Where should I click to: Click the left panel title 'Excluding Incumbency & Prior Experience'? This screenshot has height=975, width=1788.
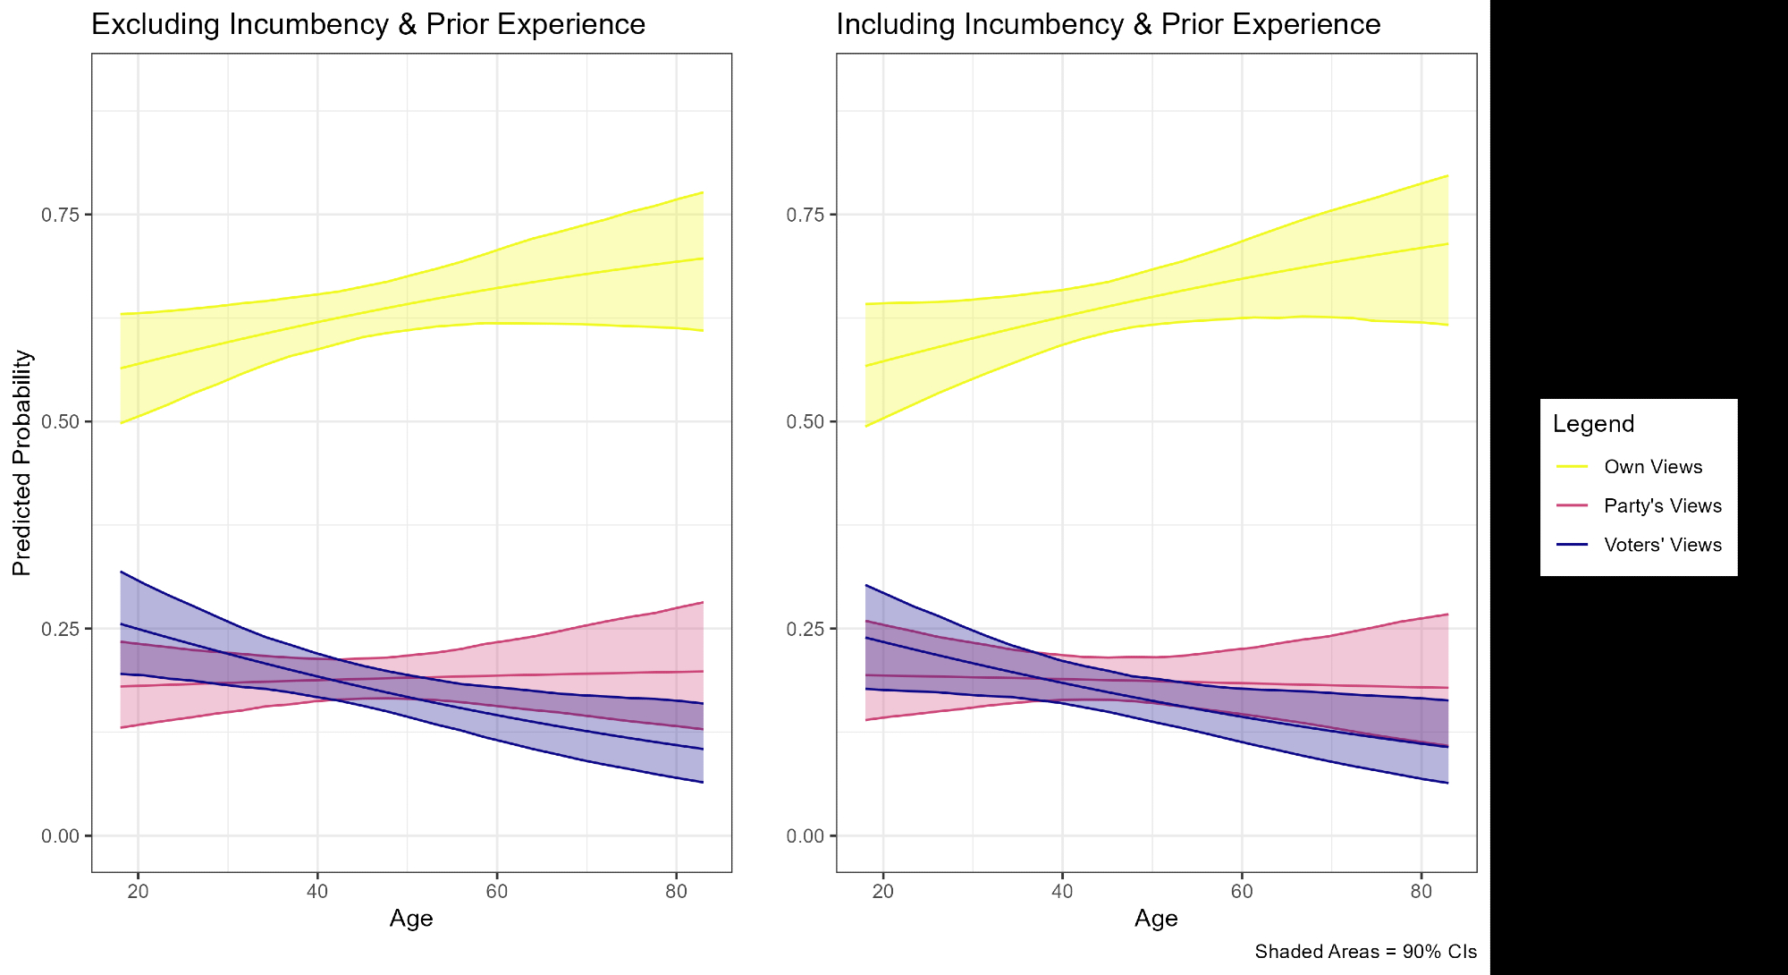click(368, 24)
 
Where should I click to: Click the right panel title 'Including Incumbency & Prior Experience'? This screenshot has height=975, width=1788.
click(1108, 24)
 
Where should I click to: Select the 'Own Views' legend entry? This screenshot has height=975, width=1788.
click(1653, 467)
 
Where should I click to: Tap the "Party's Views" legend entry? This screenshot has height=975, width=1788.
click(1663, 506)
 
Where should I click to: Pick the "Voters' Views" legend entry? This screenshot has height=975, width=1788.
click(1663, 546)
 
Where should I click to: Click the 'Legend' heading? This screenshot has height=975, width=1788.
click(1593, 424)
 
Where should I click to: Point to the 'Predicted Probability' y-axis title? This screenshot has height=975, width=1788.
click(22, 462)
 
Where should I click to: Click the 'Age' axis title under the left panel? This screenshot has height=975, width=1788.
click(411, 919)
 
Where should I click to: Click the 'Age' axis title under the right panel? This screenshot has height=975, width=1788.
click(1156, 919)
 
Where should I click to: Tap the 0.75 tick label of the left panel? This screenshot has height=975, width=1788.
click(60, 215)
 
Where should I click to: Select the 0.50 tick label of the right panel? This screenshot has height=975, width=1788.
click(805, 422)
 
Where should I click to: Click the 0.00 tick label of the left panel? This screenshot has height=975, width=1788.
click(60, 836)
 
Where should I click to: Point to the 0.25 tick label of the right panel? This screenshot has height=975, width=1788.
click(805, 629)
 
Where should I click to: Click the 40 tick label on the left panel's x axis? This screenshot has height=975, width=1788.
click(317, 892)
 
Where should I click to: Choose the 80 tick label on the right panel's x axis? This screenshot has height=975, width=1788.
click(1421, 892)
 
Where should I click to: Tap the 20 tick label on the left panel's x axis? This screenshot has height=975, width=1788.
click(138, 892)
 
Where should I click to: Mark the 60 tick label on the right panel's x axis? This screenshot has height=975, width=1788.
click(1242, 892)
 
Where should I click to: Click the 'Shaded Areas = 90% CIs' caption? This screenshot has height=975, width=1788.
click(1365, 952)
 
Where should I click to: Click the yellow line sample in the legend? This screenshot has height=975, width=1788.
click(1572, 467)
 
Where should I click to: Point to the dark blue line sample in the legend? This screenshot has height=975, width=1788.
click(1572, 546)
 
